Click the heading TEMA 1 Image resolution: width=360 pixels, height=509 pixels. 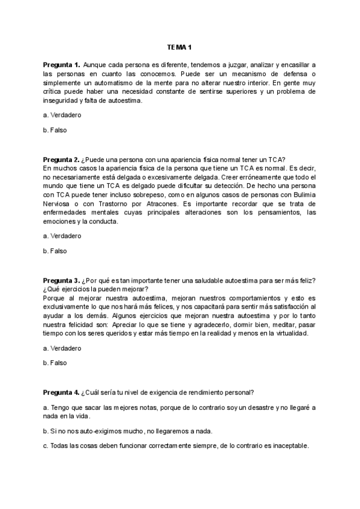pyautogui.click(x=179, y=47)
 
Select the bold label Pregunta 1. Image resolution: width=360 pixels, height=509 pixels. pyautogui.click(x=61, y=64)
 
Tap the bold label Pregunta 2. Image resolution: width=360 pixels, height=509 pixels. pyautogui.click(x=61, y=159)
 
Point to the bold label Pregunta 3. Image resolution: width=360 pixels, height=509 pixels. pyautogui.click(x=61, y=281)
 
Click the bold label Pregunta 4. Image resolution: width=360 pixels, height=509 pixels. pyautogui.click(x=61, y=393)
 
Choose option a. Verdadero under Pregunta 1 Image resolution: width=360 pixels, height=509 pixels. pyautogui.click(x=62, y=114)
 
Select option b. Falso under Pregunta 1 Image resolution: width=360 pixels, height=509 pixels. pyautogui.click(x=55, y=130)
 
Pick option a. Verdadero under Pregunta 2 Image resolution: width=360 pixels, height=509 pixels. pyautogui.click(x=62, y=236)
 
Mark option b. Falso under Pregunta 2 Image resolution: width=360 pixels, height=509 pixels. pyautogui.click(x=55, y=251)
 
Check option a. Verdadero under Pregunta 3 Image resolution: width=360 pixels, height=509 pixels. pyautogui.click(x=62, y=348)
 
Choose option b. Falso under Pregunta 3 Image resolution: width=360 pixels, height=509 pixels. pyautogui.click(x=55, y=363)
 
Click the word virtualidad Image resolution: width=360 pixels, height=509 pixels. pyautogui.click(x=287, y=334)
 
